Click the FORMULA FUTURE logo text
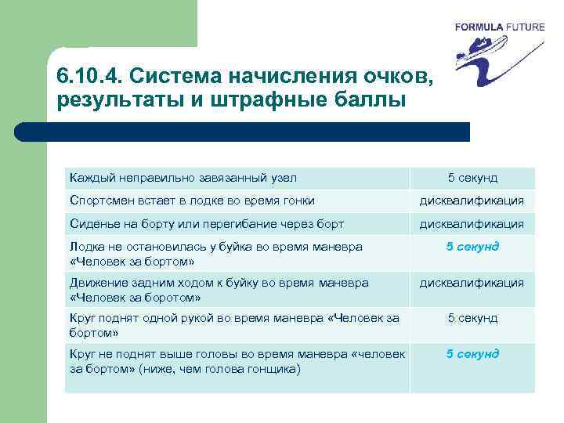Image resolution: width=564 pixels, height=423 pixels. pos(500,27)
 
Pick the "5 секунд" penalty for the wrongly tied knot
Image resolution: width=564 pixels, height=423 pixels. pos(472,178)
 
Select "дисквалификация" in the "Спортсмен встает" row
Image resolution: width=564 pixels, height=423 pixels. pos(472,201)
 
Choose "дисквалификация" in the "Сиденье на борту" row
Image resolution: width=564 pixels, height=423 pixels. pos(472,224)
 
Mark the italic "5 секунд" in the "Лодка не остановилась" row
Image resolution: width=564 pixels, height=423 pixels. pos(472,247)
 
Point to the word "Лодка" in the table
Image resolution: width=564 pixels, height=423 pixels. pos(86,247)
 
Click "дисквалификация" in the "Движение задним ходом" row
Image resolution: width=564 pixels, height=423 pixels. pos(472,283)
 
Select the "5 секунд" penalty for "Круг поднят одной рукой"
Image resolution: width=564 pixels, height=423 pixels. pos(472,318)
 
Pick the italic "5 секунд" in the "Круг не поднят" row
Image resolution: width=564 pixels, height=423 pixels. pos(472,354)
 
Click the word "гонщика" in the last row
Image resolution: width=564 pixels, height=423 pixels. pos(274,369)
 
